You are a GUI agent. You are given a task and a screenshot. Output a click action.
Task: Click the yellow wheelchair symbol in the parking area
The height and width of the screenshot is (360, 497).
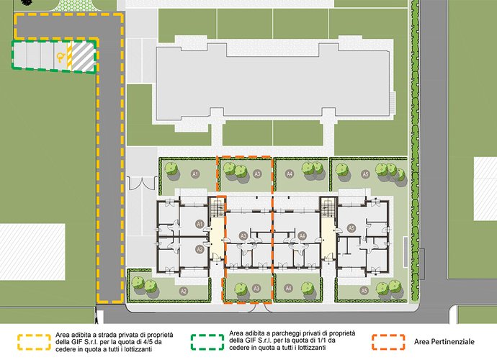[x=61, y=57]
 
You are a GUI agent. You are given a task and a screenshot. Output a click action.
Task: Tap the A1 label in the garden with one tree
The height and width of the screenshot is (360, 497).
[x=195, y=174]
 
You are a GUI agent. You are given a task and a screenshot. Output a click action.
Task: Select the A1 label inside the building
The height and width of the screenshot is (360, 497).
[x=200, y=224]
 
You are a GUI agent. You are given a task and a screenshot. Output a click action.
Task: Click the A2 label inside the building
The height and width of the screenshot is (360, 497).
[x=200, y=249]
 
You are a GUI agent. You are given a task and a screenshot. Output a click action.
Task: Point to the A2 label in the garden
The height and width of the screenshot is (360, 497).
[x=183, y=291]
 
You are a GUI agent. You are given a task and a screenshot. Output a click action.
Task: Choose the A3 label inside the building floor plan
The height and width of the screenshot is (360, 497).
[x=243, y=235]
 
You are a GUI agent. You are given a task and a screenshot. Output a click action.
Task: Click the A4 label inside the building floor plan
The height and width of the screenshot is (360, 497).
[x=302, y=235]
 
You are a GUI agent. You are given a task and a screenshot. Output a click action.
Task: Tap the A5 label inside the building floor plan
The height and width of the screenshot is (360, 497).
[x=351, y=228]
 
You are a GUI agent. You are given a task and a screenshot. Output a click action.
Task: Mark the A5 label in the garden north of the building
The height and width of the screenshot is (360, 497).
[x=365, y=174]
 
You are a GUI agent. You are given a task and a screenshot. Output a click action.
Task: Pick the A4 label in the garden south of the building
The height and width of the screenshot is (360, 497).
[x=288, y=289]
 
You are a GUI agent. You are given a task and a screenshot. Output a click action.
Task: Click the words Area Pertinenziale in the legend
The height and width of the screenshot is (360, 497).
[x=444, y=341]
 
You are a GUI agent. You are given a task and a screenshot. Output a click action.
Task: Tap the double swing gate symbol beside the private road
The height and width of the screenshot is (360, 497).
[x=142, y=183]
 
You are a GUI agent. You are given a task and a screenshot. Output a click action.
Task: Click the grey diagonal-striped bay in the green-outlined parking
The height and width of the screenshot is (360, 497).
[x=83, y=57]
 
